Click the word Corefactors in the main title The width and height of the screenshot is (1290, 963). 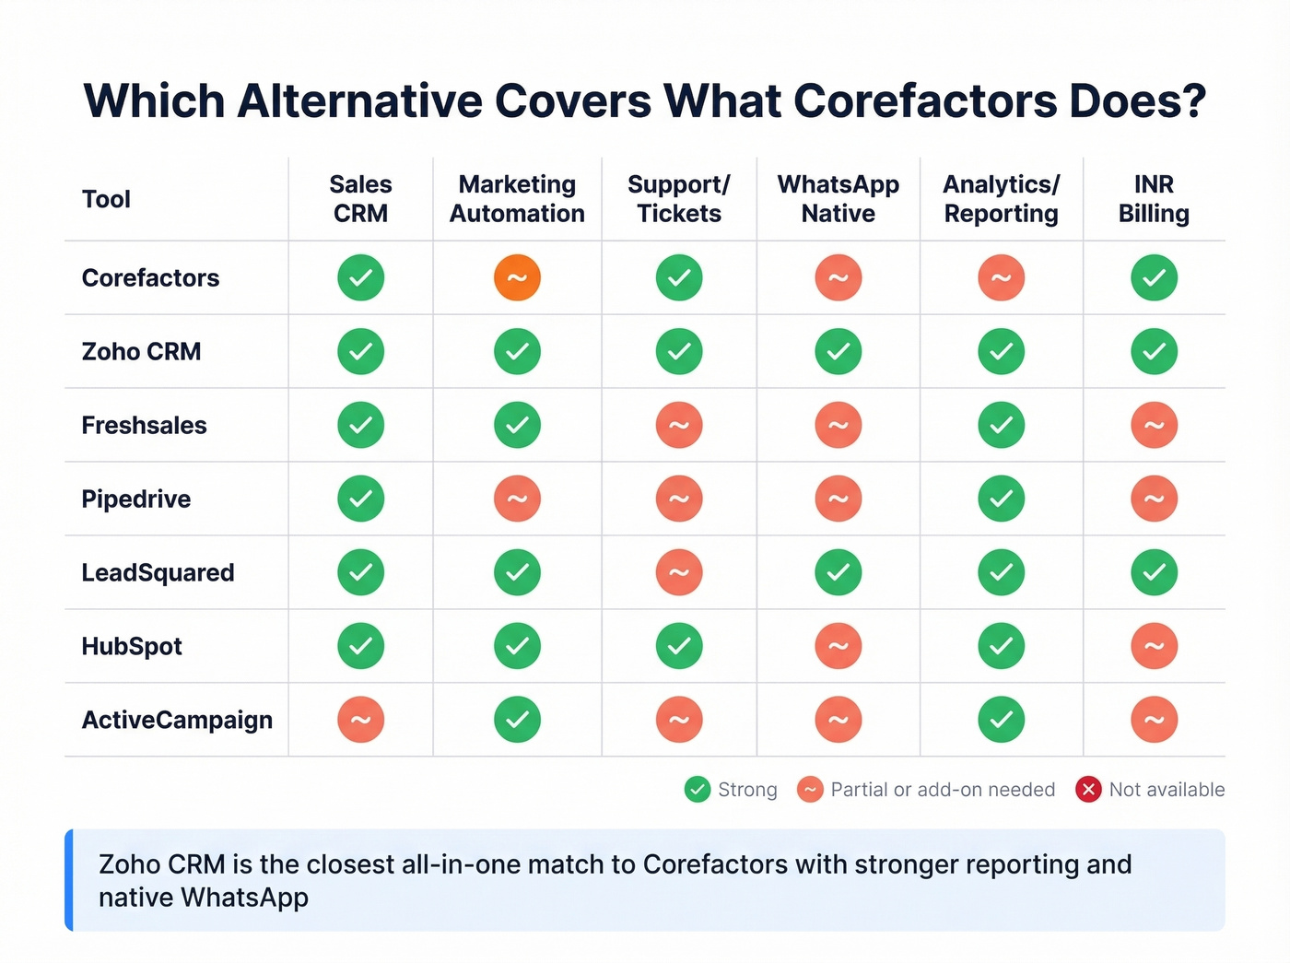924,101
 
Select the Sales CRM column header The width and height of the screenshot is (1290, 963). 360,199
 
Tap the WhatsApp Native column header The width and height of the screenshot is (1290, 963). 838,199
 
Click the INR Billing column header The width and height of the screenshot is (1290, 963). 1154,199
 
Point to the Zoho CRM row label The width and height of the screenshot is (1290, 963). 141,351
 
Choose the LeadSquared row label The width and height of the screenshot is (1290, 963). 158,572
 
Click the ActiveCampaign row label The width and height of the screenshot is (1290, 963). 177,720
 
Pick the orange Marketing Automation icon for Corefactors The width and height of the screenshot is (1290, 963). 517,277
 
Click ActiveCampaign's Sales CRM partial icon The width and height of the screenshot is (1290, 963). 360,720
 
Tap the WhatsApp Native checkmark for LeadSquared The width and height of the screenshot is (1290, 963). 838,572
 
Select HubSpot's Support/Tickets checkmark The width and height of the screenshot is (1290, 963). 679,646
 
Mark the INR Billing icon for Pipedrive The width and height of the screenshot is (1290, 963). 1154,499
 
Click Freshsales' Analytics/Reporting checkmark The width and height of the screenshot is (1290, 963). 1001,425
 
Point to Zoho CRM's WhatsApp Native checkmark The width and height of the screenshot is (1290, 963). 838,351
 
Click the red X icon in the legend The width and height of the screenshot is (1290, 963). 1088,790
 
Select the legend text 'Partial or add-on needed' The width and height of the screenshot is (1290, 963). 943,790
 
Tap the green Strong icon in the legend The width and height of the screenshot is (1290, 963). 698,790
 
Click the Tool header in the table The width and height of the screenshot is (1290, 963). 106,199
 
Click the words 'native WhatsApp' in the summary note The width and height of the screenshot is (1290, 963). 204,898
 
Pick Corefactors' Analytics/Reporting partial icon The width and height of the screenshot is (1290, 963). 1001,277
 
